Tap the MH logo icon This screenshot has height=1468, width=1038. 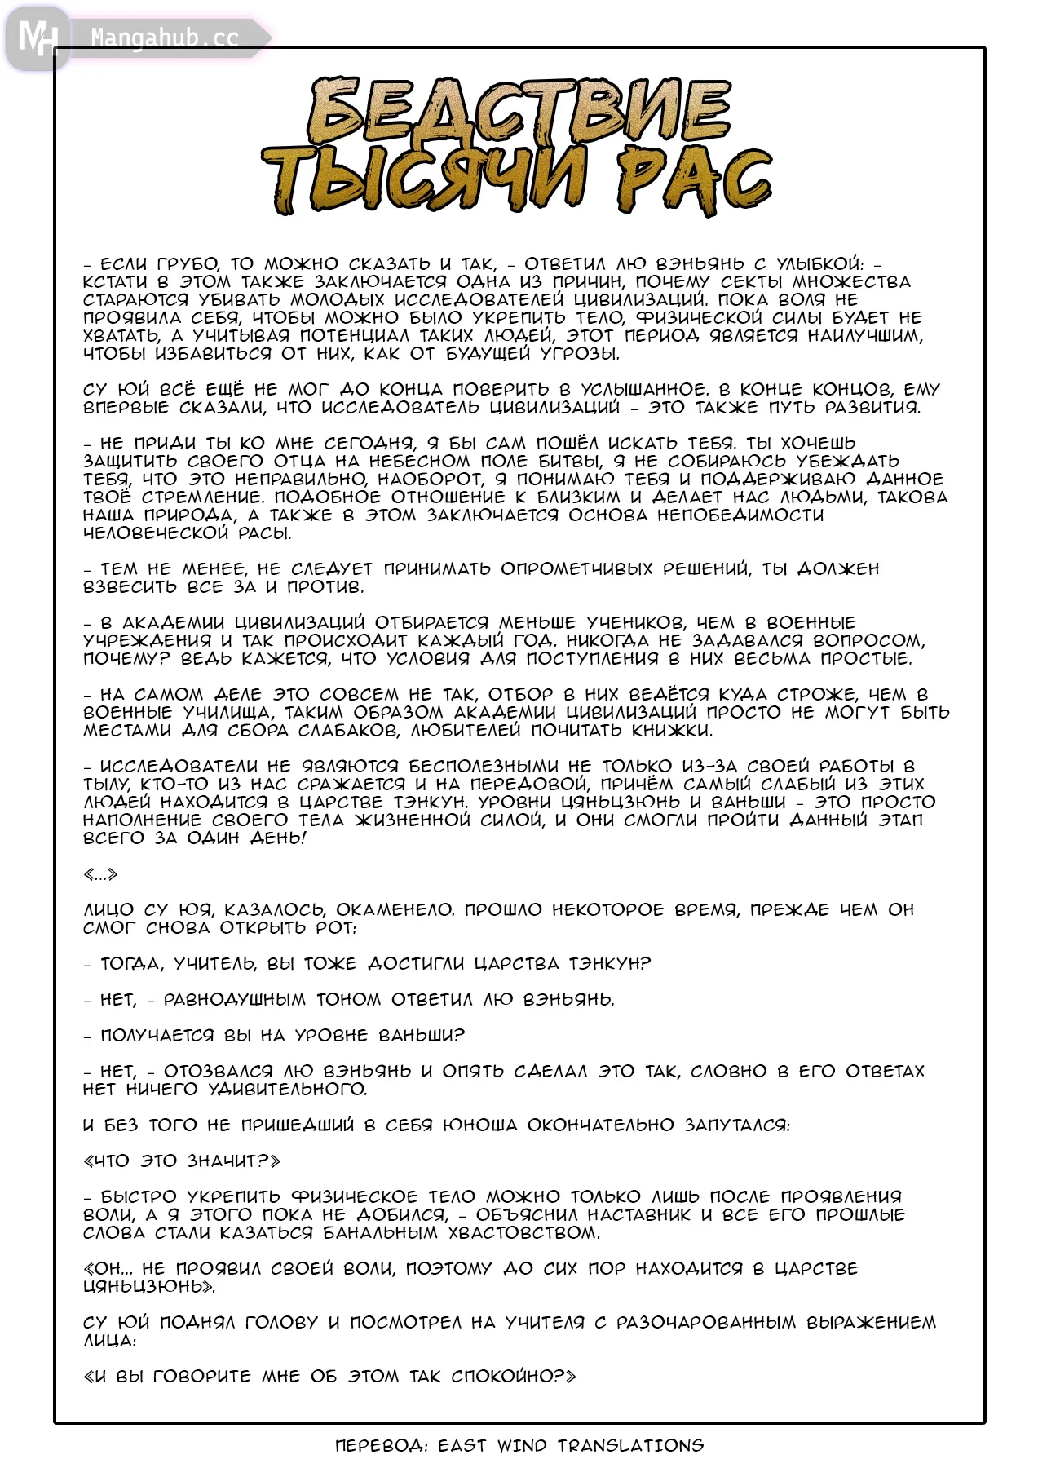tap(38, 38)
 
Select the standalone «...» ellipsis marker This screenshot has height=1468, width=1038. tap(100, 874)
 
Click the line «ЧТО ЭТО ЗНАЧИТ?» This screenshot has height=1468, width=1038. tap(182, 1161)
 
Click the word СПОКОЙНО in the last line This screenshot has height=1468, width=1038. tap(502, 1376)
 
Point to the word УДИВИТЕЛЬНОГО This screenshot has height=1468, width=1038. tap(287, 1089)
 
